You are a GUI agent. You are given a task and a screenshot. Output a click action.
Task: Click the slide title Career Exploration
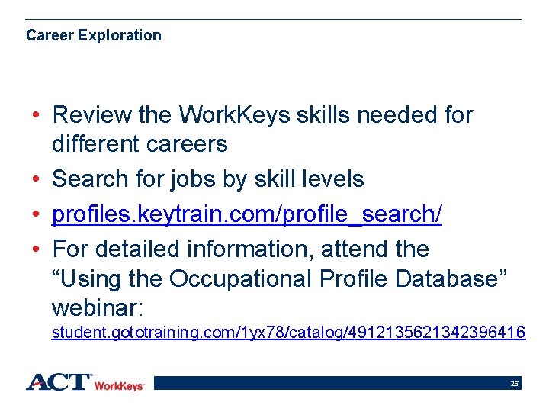(x=94, y=35)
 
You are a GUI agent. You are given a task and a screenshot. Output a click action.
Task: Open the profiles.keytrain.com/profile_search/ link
(x=246, y=214)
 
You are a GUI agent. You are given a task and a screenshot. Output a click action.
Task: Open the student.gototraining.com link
(x=287, y=333)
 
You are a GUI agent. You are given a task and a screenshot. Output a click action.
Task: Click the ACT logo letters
(x=59, y=381)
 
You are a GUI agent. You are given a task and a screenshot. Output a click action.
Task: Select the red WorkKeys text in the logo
(x=119, y=386)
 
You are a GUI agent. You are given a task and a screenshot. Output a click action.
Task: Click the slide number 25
(x=515, y=384)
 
